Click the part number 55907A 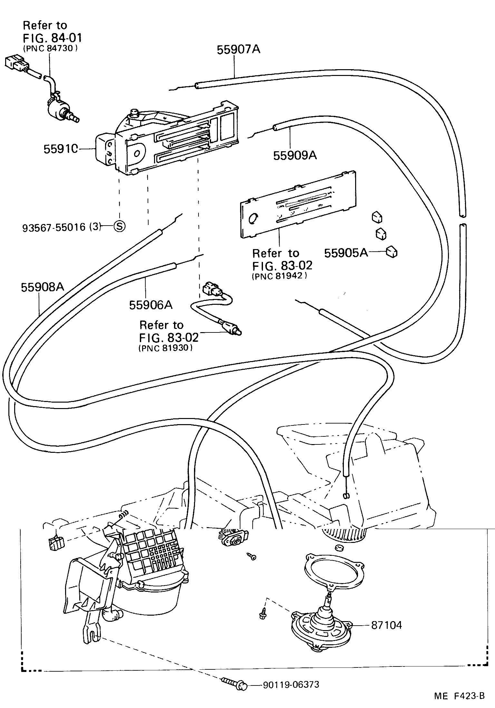(x=238, y=50)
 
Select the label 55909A (x=295, y=155)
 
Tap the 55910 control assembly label (x=61, y=149)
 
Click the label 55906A (x=151, y=305)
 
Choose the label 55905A (x=345, y=253)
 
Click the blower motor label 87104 (x=386, y=625)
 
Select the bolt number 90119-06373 (x=291, y=684)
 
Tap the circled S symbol (x=119, y=226)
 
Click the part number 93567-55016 (x=54, y=228)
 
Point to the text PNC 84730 (x=50, y=48)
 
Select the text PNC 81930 (x=166, y=348)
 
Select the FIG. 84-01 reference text (x=52, y=38)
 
